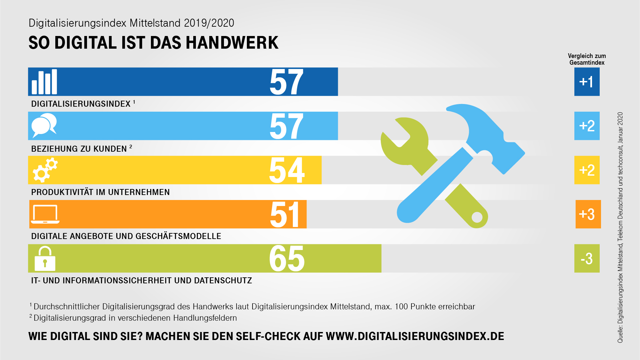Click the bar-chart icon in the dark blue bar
point(44,82)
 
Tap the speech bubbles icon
point(44,125)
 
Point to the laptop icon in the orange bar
point(45,214)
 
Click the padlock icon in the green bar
point(45,259)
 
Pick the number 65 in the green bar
point(287,259)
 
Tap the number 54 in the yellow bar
point(287,170)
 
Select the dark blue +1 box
point(587,82)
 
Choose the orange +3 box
point(588,214)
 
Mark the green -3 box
point(587,259)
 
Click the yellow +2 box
point(587,170)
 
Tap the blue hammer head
point(490,133)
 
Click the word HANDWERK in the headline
point(232,43)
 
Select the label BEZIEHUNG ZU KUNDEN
point(79,149)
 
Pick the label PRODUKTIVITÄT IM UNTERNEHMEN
point(100,192)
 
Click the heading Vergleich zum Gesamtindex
point(587,59)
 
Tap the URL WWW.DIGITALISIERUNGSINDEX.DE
point(415,336)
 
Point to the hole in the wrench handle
point(477,217)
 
